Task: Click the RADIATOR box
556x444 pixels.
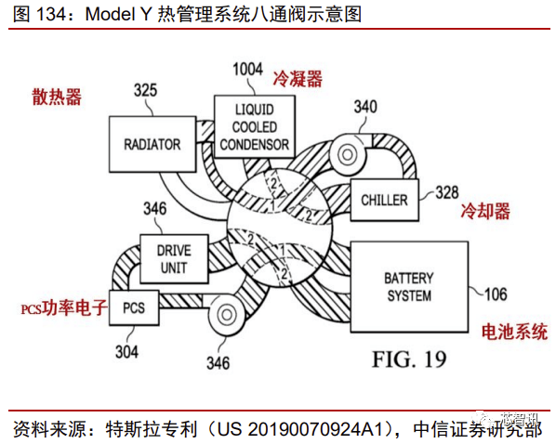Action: (x=152, y=145)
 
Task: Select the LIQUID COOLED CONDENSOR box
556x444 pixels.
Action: (x=253, y=127)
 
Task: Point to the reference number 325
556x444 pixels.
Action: (x=145, y=91)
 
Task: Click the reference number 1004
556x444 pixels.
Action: (x=247, y=69)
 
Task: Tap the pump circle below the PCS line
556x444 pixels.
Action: (x=224, y=320)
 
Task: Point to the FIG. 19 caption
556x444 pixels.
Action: (x=409, y=359)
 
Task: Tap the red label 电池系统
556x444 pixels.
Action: (x=513, y=332)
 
